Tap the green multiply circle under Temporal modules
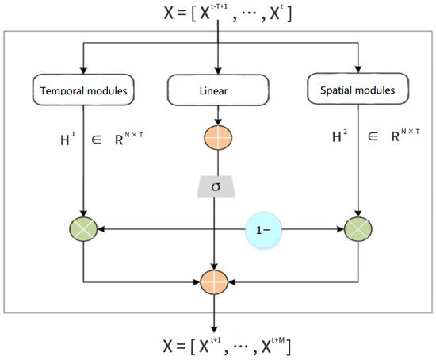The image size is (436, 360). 83,231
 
